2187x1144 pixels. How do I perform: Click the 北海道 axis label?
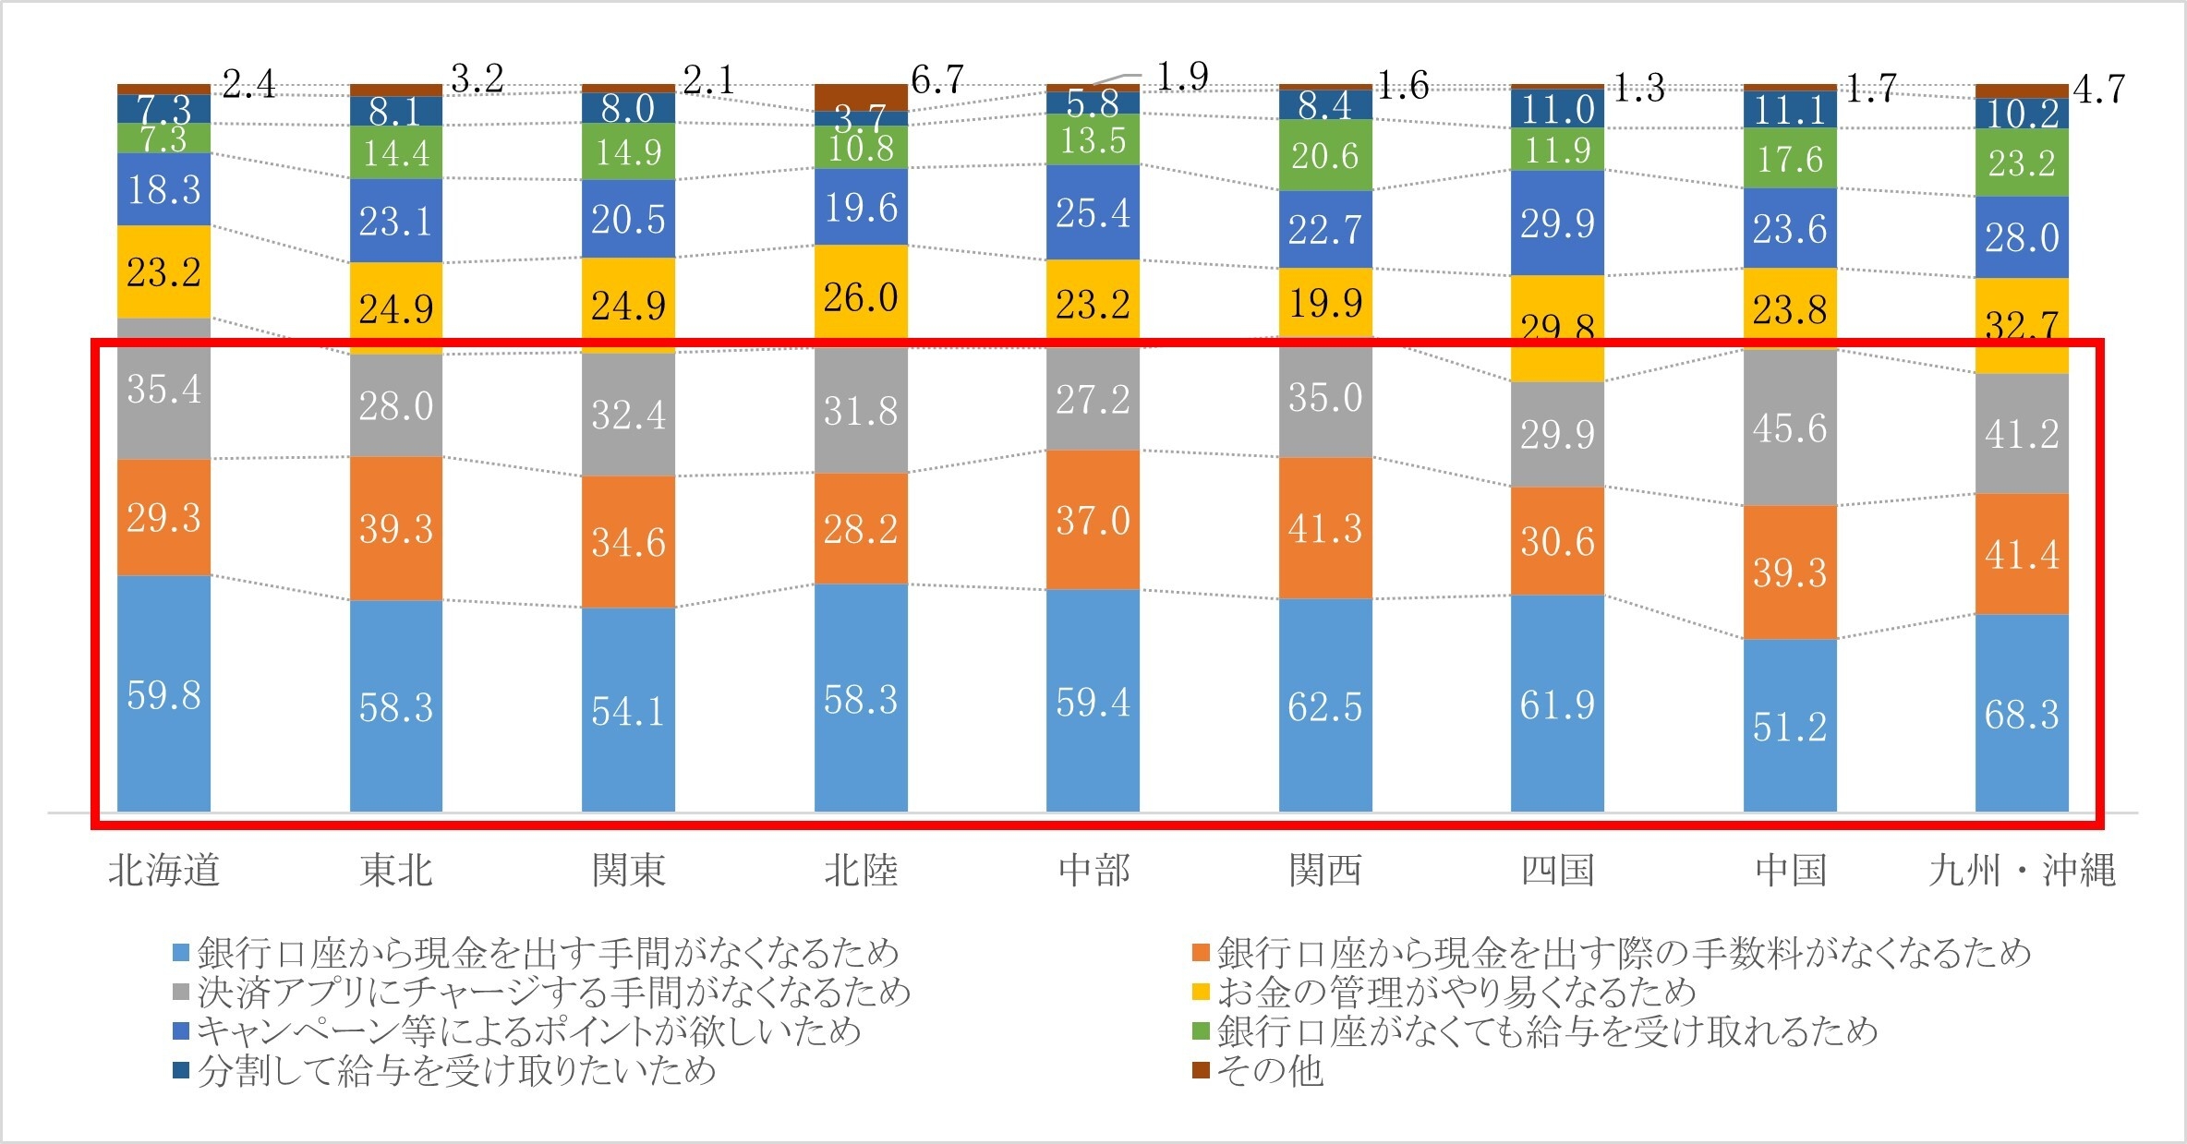coord(163,871)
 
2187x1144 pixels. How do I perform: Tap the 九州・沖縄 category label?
coord(2022,871)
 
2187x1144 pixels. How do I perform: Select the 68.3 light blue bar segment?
coord(2022,714)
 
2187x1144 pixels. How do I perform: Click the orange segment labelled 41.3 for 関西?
coord(1325,528)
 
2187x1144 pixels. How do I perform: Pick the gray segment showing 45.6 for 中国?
coord(1790,428)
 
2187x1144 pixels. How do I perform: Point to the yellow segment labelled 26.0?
coord(861,296)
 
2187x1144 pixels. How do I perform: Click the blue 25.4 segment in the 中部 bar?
coord(1093,212)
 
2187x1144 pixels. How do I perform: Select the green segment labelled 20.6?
coord(1325,155)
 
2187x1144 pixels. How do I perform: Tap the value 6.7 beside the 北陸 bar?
coord(937,80)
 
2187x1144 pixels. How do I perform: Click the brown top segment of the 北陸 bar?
coord(861,97)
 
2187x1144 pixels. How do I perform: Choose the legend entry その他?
coord(1269,1071)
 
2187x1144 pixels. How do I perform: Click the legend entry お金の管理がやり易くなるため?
coord(1456,993)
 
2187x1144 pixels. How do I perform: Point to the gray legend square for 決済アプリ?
coord(182,993)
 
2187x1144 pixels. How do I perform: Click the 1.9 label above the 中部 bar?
coord(1182,77)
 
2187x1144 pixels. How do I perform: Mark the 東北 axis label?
coord(395,871)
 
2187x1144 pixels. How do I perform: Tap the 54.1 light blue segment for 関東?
coord(628,711)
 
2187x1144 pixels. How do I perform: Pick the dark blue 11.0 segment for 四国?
coord(1557,109)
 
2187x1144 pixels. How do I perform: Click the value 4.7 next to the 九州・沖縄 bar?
coord(2098,90)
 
